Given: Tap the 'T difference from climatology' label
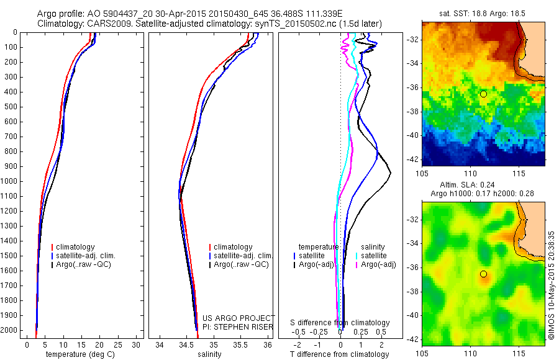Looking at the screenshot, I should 339,354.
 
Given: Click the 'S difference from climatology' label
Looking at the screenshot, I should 340,323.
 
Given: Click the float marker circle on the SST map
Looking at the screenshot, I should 483,94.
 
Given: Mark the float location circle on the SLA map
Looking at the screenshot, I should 483,274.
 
